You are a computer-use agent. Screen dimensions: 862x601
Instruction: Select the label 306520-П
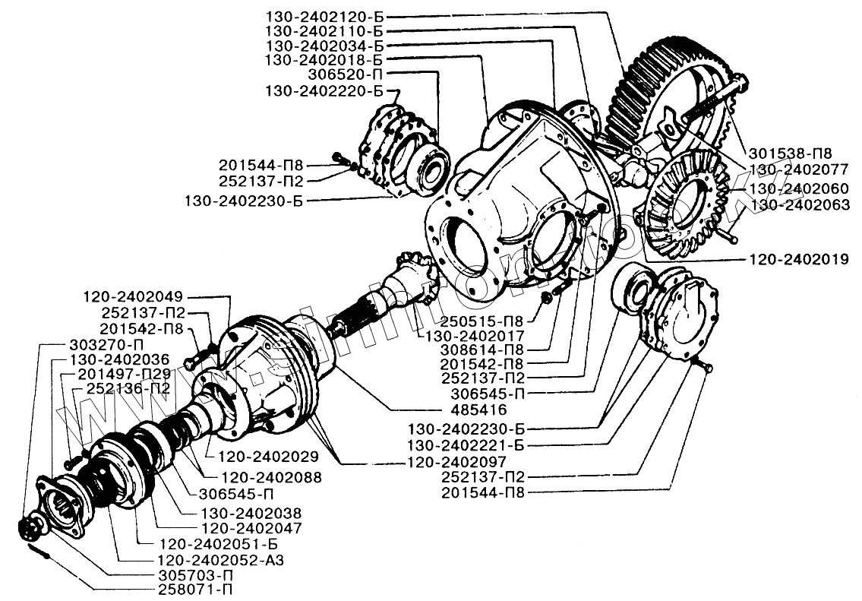point(346,74)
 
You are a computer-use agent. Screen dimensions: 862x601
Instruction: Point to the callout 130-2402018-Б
point(324,59)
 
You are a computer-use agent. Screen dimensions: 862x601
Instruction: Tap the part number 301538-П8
point(788,153)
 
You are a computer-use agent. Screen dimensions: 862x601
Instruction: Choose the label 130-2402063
point(800,205)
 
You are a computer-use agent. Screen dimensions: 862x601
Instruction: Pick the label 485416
point(478,410)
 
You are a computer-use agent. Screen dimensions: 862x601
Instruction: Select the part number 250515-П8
point(482,321)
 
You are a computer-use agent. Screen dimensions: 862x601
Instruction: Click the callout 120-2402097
point(457,461)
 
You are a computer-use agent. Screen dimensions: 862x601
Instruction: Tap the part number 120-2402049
point(133,298)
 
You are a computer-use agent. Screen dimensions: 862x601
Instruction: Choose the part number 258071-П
point(193,591)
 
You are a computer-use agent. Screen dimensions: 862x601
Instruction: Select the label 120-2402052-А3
point(221,560)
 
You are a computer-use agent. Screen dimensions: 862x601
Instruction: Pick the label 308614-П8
point(482,350)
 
